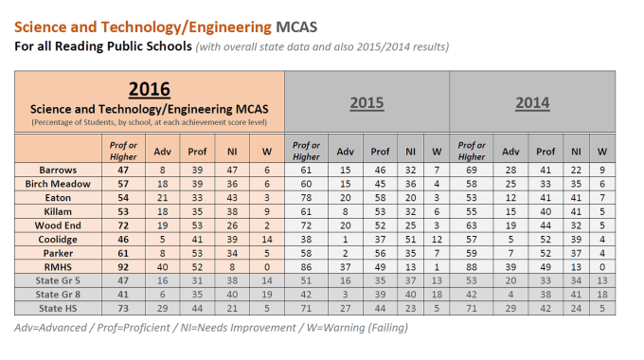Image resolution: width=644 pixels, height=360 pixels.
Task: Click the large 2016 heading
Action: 149,89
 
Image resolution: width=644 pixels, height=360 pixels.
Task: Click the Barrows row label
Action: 56,170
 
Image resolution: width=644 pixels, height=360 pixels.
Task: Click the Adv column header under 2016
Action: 162,150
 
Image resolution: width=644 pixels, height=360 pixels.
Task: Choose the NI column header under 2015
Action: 410,150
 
